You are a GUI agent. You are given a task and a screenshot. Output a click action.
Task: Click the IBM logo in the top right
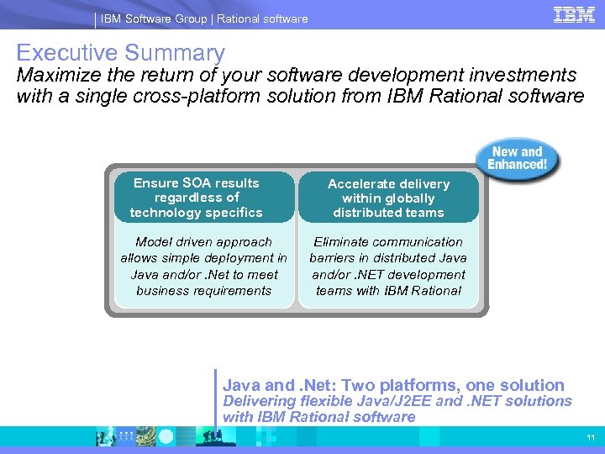[x=574, y=14]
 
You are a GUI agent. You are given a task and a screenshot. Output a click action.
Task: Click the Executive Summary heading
[x=120, y=53]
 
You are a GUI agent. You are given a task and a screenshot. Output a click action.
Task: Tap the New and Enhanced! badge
[x=518, y=158]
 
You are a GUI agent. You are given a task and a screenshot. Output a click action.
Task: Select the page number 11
[x=591, y=438]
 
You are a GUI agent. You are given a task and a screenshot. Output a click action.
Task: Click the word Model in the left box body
[x=153, y=242]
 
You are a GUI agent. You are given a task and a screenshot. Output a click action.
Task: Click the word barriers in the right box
[x=333, y=258]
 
